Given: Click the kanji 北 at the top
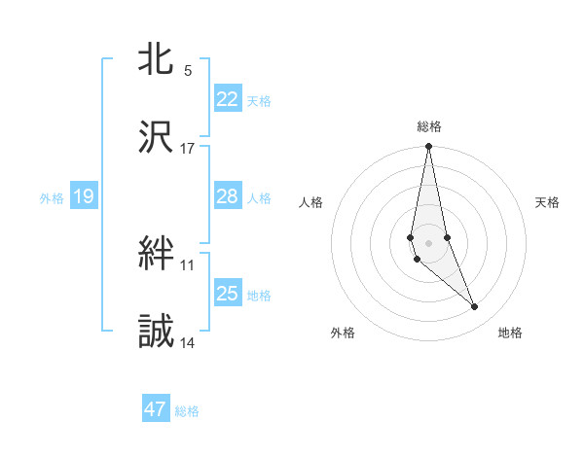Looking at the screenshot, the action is click(157, 59).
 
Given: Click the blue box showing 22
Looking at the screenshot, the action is click(228, 98).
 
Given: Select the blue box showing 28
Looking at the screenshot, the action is click(228, 196).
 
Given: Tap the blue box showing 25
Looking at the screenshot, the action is click(228, 294).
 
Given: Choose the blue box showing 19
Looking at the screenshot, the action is click(84, 196).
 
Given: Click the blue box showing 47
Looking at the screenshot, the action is click(156, 409).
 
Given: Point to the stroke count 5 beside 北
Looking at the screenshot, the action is click(188, 70).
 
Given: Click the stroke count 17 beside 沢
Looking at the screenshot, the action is click(188, 149).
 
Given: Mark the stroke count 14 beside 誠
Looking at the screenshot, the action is click(188, 343).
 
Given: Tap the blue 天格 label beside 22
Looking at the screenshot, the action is click(259, 100).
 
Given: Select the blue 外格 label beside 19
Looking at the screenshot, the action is click(52, 198).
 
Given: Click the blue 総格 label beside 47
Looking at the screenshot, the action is click(187, 411).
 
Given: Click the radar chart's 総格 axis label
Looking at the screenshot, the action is click(429, 126).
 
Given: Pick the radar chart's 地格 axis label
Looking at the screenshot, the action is click(510, 333).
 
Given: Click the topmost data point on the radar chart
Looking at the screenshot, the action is click(429, 147).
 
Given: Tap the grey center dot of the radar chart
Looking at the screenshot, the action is click(429, 242).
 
